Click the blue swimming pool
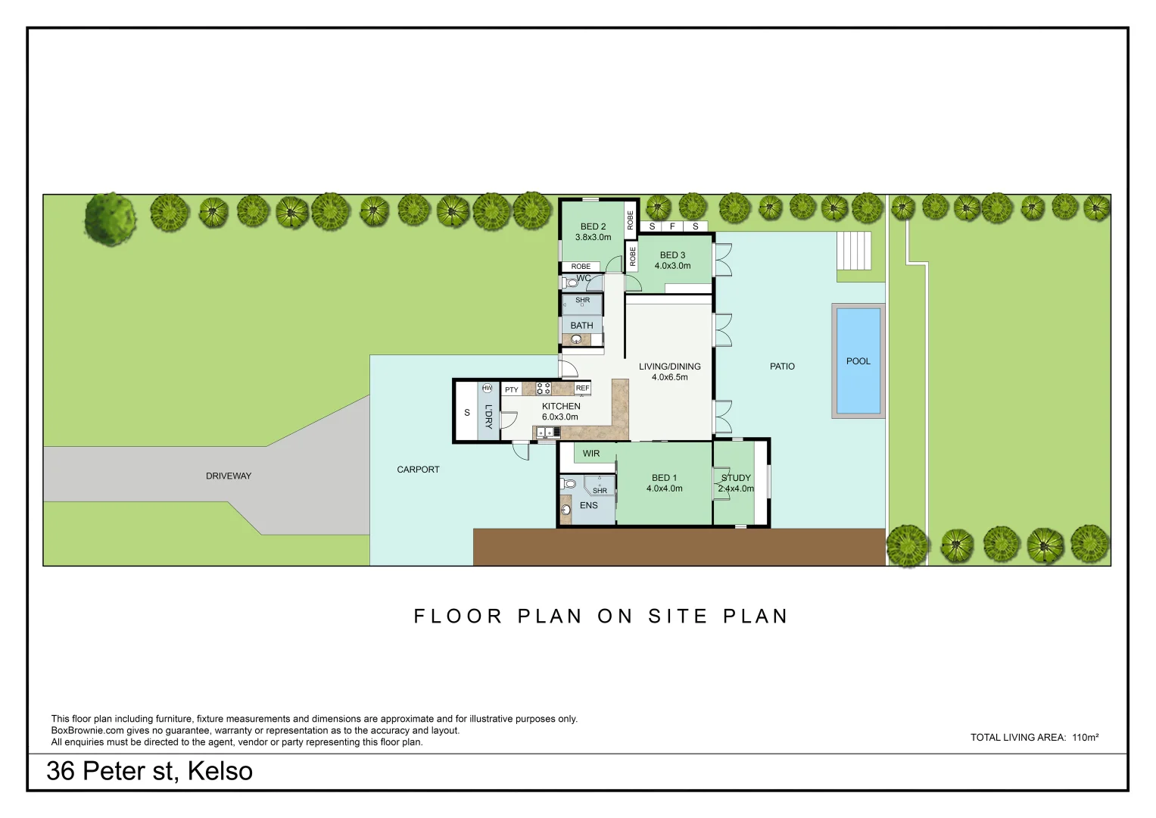click(x=858, y=361)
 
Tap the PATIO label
click(x=782, y=366)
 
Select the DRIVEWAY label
click(x=229, y=476)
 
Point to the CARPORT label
click(x=418, y=470)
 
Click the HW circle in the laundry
click(x=487, y=389)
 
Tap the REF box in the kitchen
click(x=582, y=389)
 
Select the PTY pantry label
click(x=512, y=389)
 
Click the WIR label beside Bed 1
click(x=591, y=454)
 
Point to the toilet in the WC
click(x=570, y=283)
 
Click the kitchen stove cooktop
click(x=544, y=389)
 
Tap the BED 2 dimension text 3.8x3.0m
click(x=593, y=237)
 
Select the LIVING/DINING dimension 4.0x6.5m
click(x=669, y=377)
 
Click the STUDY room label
click(x=736, y=478)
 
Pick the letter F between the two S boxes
click(x=672, y=226)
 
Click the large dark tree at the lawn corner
click(x=110, y=218)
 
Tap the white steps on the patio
click(x=854, y=250)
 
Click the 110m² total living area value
click(x=1086, y=738)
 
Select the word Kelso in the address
click(x=220, y=771)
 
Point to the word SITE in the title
click(x=678, y=616)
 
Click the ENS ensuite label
click(x=588, y=505)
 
